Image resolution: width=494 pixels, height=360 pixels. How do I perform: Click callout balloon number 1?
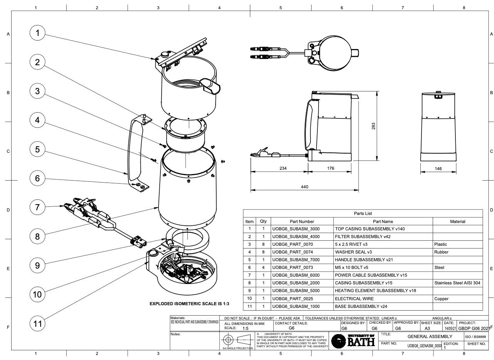[37, 34]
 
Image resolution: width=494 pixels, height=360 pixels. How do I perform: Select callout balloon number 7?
[37, 207]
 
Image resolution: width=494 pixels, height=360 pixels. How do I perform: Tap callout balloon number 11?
[37, 323]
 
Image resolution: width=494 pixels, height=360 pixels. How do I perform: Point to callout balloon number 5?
[37, 149]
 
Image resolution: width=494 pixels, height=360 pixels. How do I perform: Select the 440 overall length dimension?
[305, 187]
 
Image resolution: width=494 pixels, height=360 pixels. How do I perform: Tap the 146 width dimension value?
[438, 168]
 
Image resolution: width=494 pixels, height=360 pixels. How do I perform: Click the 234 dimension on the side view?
[280, 168]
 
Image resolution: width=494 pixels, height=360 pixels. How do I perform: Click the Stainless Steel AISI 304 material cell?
[457, 283]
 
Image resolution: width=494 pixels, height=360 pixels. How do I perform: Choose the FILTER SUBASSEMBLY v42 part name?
[359, 237]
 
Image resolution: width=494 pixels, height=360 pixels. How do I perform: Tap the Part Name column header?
[383, 221]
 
